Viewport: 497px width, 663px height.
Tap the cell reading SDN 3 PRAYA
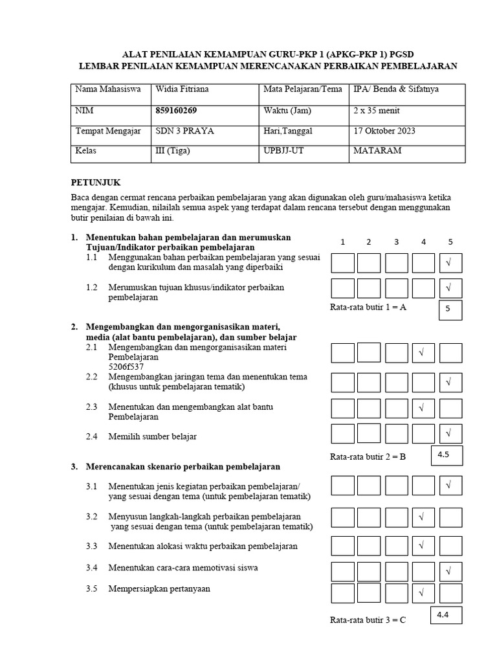click(x=185, y=131)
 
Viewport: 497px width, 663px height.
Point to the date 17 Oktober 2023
click(x=384, y=131)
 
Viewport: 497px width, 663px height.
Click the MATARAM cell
click(x=377, y=150)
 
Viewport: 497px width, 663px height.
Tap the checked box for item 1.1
click(x=450, y=263)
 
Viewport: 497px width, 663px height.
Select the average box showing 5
click(x=450, y=311)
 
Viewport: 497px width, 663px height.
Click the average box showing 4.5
click(x=444, y=455)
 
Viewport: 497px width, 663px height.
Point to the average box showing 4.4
click(x=444, y=614)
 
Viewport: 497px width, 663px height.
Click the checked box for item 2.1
click(x=423, y=353)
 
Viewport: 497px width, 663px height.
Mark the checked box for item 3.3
click(x=423, y=546)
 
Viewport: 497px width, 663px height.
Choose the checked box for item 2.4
click(x=450, y=433)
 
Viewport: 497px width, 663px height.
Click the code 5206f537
click(x=127, y=366)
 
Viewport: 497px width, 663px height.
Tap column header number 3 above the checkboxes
click(x=396, y=242)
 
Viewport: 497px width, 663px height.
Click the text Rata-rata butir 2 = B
click(x=368, y=456)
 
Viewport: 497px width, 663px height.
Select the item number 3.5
click(x=91, y=589)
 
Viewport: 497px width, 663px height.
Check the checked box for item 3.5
click(x=423, y=593)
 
